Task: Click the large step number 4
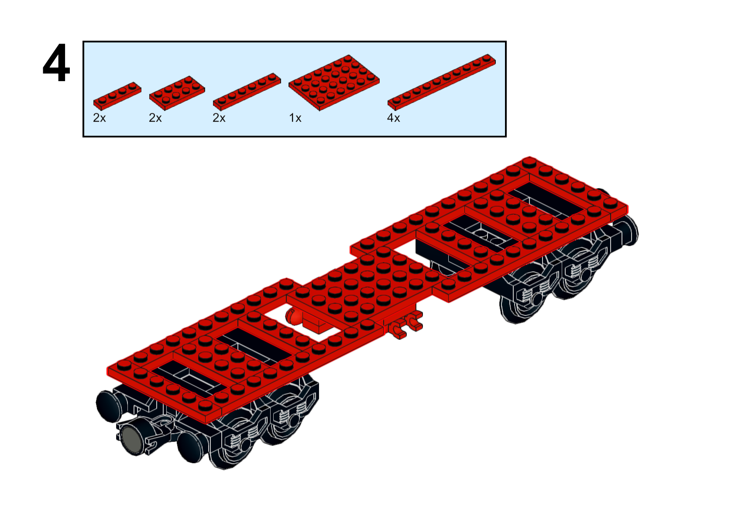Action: (56, 62)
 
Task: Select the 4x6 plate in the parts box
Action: (334, 82)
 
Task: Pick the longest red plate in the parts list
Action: (442, 82)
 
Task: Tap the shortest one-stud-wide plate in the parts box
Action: (117, 96)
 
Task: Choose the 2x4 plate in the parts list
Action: (177, 93)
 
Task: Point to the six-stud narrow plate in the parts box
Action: (247, 92)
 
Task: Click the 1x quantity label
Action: (295, 118)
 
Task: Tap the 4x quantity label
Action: (393, 118)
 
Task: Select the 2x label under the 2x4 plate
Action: (155, 118)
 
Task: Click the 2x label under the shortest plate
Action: (100, 118)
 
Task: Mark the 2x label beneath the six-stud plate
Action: (219, 118)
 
